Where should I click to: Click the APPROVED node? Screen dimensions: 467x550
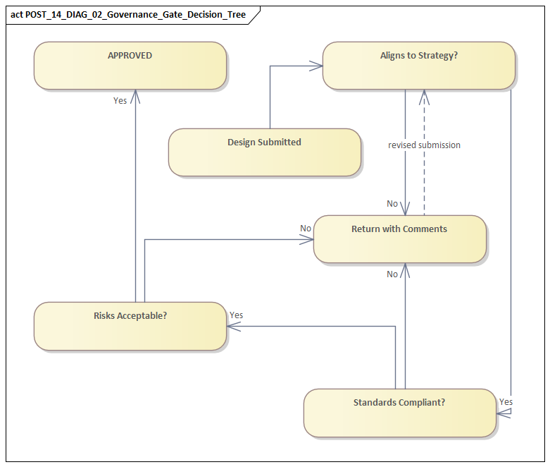point(130,65)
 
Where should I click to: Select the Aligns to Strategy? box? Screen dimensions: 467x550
point(418,65)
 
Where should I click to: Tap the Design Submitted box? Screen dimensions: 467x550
point(264,152)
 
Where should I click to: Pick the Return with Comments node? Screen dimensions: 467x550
point(399,239)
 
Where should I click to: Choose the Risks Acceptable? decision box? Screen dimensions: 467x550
point(130,325)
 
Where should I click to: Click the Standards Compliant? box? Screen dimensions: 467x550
point(399,412)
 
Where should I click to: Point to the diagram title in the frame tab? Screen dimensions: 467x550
point(129,14)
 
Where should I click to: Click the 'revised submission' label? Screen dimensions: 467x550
point(424,145)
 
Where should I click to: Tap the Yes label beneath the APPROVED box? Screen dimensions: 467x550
point(120,101)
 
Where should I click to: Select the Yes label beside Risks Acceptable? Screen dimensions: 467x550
point(236,315)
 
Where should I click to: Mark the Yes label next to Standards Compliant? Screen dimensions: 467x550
point(506,402)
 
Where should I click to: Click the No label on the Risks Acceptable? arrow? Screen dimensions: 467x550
point(306,229)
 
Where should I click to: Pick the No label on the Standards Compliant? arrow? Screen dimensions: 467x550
point(392,274)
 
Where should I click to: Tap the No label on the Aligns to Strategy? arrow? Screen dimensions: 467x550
point(392,204)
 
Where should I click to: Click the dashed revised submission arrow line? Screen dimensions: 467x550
point(424,169)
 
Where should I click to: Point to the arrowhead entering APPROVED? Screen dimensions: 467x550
point(135,96)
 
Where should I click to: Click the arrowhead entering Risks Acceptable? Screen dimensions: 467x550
point(233,327)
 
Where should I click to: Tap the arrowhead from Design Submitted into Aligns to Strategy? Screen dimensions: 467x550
point(316,66)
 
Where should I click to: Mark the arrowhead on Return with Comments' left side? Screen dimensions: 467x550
point(308,240)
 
